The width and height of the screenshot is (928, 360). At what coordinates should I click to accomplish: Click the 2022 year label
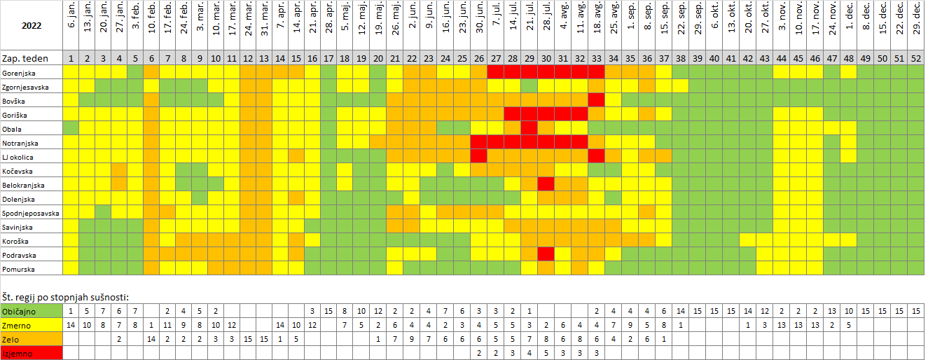point(32,26)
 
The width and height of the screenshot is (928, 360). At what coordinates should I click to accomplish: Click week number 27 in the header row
point(495,58)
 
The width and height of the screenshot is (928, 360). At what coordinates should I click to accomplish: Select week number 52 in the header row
point(915,58)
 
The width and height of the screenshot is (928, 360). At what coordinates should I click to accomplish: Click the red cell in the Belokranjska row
point(546,184)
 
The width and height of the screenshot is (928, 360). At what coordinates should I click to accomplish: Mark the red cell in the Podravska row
point(546,254)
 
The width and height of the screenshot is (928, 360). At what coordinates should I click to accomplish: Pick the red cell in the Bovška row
point(596,100)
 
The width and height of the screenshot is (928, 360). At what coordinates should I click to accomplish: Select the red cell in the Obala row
point(529,128)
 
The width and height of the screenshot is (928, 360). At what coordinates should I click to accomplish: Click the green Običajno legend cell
point(32,310)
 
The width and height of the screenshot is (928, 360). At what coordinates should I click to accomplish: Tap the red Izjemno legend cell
point(32,352)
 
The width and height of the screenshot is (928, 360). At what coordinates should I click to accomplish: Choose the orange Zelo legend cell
point(32,338)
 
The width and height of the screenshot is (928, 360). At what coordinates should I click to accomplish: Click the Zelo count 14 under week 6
point(151,338)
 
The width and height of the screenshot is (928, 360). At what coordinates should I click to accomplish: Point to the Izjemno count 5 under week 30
point(546,352)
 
